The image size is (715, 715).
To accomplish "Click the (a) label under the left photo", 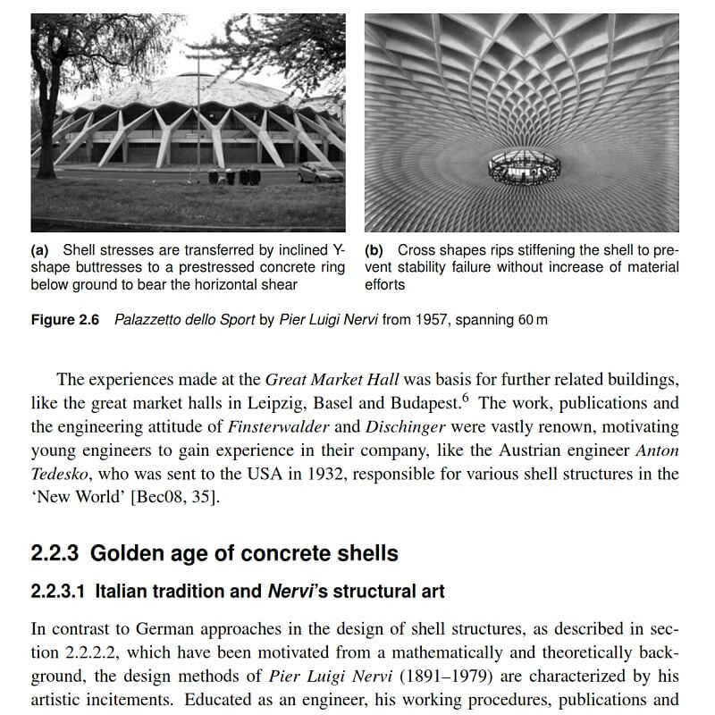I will (x=41, y=251).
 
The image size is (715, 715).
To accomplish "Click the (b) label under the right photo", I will (x=374, y=251).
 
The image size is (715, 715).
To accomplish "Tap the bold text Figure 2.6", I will (x=67, y=320).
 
